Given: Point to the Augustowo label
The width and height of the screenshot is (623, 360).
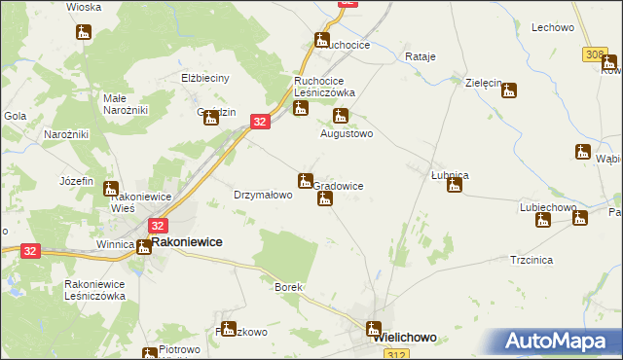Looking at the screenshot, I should coord(348,134).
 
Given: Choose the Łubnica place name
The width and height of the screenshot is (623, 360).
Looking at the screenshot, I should coord(451,174).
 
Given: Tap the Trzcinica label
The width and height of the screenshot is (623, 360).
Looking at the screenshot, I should coord(531,261).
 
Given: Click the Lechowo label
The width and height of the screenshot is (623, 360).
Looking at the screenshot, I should coord(552,28).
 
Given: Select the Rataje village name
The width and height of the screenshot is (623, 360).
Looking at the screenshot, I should coord(420,56).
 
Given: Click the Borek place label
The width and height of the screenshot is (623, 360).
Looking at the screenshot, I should coord(289,288).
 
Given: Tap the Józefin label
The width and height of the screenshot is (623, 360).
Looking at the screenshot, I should coord(76,181).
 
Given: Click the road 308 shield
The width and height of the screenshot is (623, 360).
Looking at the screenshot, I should coord(596,55).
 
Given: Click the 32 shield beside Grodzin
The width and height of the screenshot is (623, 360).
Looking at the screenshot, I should coord(259,121).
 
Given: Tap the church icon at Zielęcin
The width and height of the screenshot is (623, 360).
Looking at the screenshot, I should coord(508,91).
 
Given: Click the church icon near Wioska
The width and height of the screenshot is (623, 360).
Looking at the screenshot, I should coord(84,32).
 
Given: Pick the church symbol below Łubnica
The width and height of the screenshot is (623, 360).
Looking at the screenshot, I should coord(454,185).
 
